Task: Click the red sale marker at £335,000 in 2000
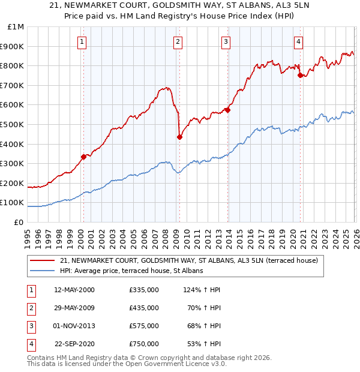point(83,157)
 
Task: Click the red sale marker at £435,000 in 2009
point(179,137)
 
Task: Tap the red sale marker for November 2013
point(227,110)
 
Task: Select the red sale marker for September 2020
point(300,75)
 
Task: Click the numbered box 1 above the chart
point(82,41)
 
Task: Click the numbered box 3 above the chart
point(226,41)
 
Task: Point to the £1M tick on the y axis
point(16,26)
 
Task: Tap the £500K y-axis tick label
point(13,124)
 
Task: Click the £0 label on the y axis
point(19,222)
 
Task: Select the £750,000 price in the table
point(144,344)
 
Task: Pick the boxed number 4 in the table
point(30,344)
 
